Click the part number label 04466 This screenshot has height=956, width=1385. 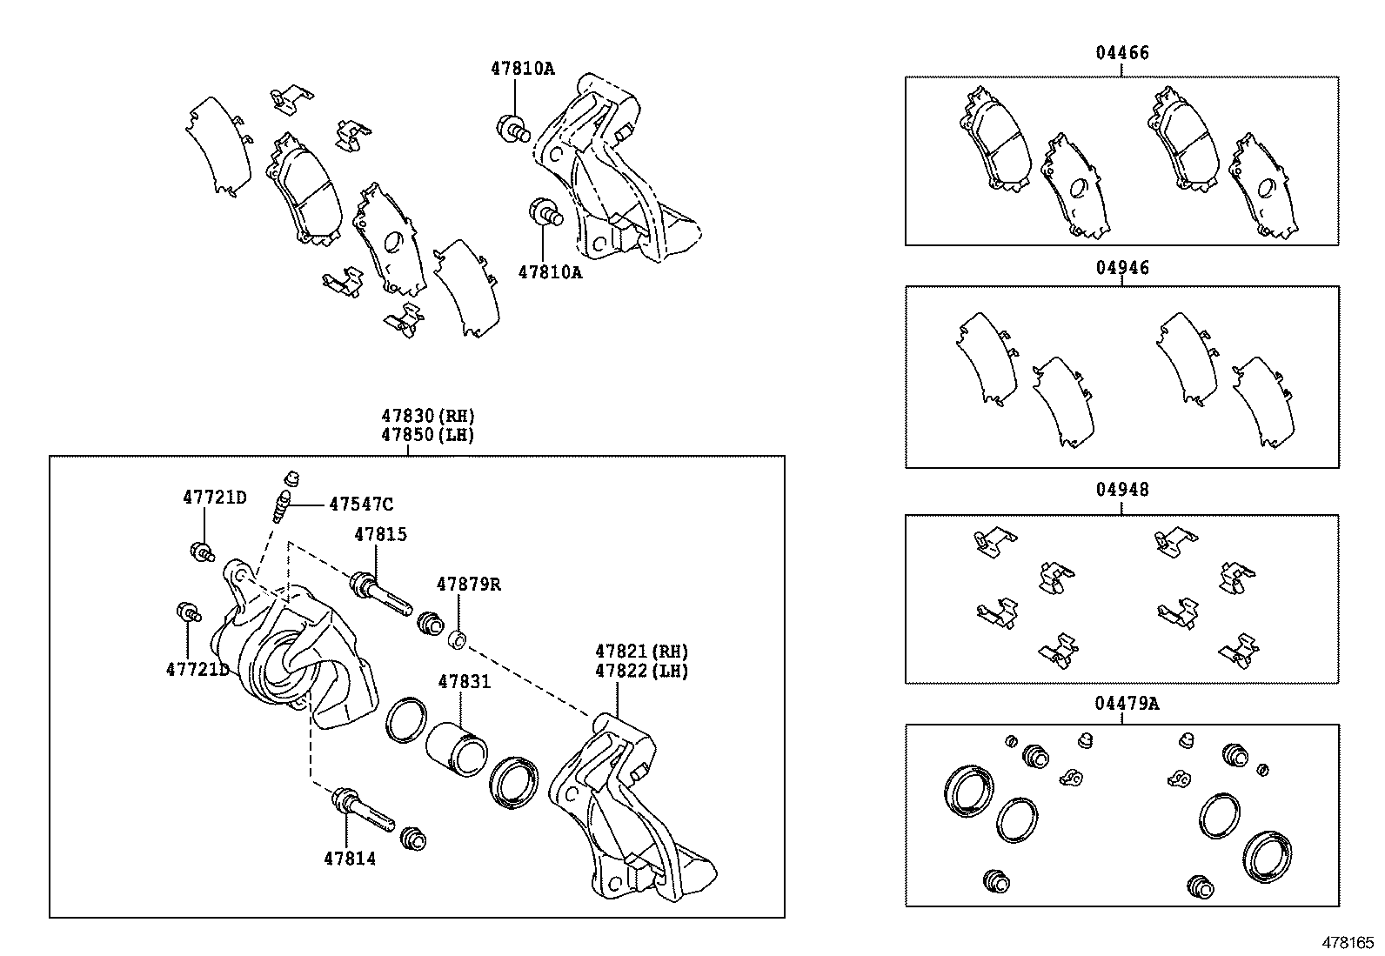[x=1121, y=53]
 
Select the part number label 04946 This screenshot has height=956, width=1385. [x=1121, y=268]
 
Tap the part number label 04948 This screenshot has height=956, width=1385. [x=1121, y=490]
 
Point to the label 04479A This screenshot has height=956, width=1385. [x=1126, y=703]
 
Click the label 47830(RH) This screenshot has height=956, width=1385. [x=426, y=416]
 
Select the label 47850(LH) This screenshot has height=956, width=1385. [x=426, y=435]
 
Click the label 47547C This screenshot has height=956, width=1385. [x=360, y=504]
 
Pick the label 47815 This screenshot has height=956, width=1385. [x=379, y=534]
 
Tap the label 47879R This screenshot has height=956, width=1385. [x=468, y=584]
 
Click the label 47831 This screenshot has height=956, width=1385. [x=464, y=682]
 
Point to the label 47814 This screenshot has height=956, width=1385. [x=350, y=859]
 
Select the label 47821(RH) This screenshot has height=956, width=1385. [x=641, y=651]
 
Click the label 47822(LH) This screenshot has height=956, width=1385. [x=641, y=671]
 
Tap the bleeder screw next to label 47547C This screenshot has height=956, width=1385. [x=280, y=506]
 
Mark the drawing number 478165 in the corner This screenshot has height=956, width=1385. [x=1348, y=942]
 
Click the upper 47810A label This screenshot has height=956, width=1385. [x=522, y=68]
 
